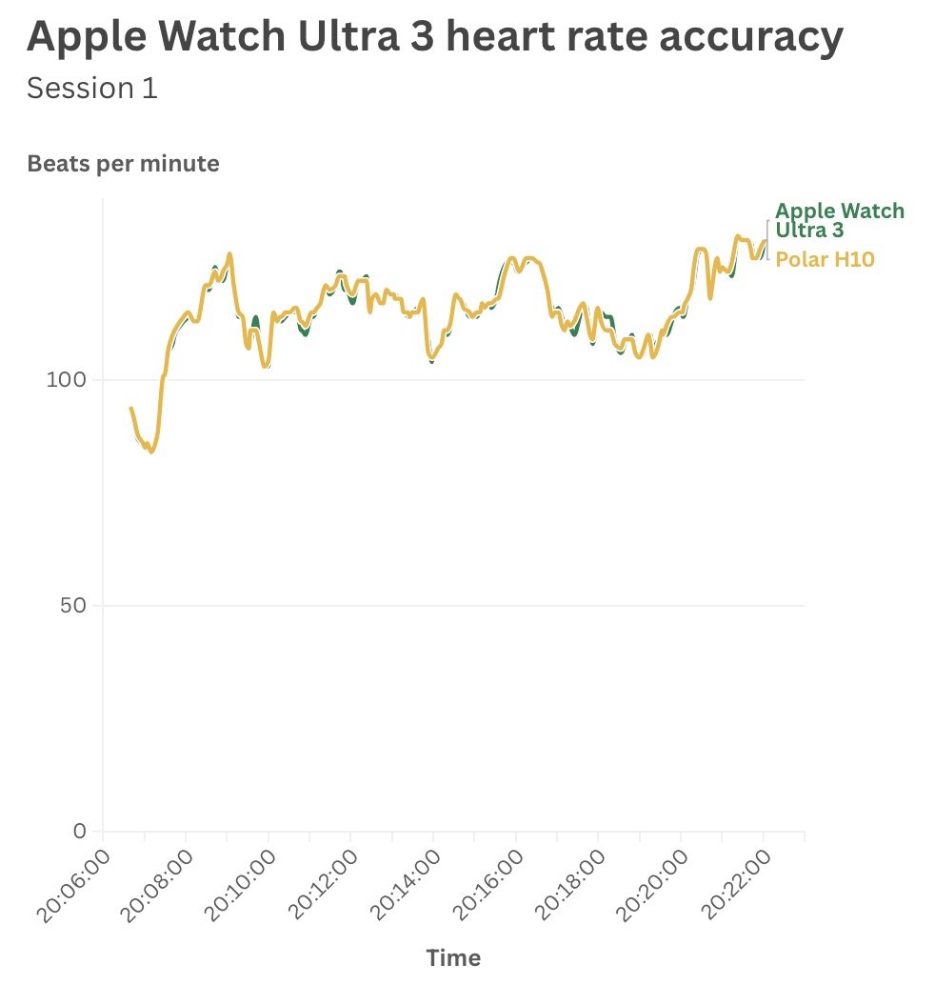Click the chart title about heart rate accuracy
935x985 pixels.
(435, 37)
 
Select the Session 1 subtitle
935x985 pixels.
(92, 89)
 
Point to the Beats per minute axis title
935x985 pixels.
(123, 164)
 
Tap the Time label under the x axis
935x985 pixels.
(453, 957)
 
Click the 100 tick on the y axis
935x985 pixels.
(67, 380)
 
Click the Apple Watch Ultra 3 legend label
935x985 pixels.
(839, 221)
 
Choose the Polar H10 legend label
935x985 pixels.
(825, 259)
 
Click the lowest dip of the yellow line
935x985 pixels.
(151, 452)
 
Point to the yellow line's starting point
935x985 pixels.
(131, 408)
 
